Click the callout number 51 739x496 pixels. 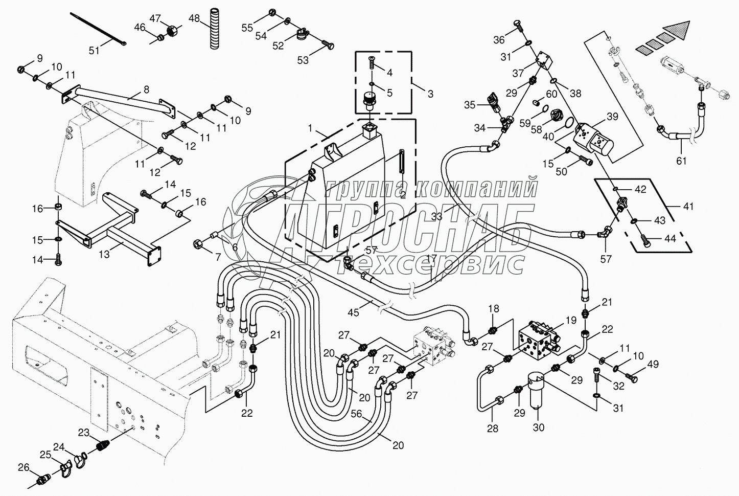click(x=94, y=50)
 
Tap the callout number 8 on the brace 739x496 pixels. click(x=146, y=89)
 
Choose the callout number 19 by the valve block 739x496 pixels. click(x=570, y=321)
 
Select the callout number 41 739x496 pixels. click(x=688, y=207)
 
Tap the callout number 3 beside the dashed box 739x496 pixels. click(x=430, y=94)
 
